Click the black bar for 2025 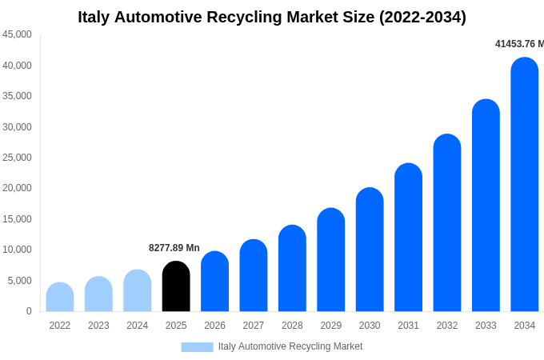coord(176,286)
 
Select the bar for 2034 coord(524,184)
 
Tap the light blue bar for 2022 coord(60,297)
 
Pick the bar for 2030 coord(370,250)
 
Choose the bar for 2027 coord(254,275)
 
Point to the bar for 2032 coord(447,222)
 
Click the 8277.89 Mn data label coord(174,248)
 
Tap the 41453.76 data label coord(519,44)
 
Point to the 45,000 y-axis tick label coord(17,34)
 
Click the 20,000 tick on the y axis coord(17,188)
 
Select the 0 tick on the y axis coord(29,311)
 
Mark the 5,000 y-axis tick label coord(20,281)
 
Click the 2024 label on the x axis coord(137,326)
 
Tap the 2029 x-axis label coord(330,326)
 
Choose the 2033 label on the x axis coord(486,326)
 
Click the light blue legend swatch coord(197,347)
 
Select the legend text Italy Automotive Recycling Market coord(290,346)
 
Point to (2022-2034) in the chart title coord(422,17)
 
